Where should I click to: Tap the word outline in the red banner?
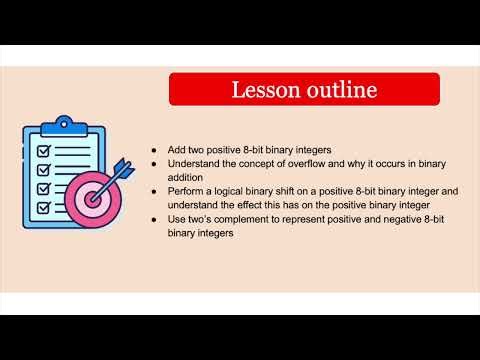[x=337, y=89]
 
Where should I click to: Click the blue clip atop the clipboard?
[x=67, y=122]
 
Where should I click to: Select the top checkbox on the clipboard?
[x=44, y=149]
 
